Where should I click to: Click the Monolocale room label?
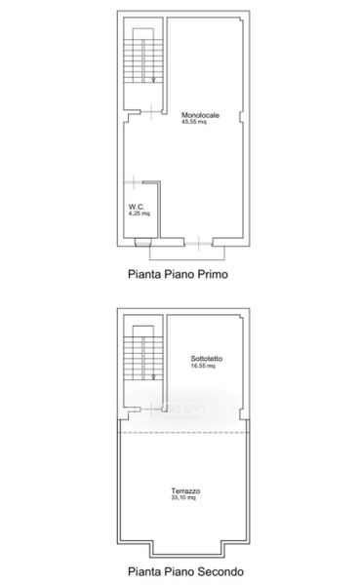tap(200, 115)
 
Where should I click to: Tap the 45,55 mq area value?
tap(193, 122)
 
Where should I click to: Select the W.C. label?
tap(137, 207)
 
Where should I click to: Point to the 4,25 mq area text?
tap(139, 214)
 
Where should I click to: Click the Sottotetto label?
tap(207, 359)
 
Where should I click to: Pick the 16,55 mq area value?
tap(203, 366)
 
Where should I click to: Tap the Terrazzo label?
tap(185, 491)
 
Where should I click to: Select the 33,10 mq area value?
tap(183, 497)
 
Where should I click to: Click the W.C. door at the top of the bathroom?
tap(134, 182)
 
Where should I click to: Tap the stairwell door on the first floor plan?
tap(151, 111)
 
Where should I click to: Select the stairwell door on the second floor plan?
tap(151, 409)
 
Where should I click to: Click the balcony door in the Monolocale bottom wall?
tap(198, 243)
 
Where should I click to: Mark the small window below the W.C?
tap(143, 243)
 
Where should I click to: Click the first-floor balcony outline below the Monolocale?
tap(187, 259)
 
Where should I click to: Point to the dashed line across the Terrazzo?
tap(183, 432)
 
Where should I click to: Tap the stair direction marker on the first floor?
tap(153, 79)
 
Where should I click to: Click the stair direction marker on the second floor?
tap(153, 376)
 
